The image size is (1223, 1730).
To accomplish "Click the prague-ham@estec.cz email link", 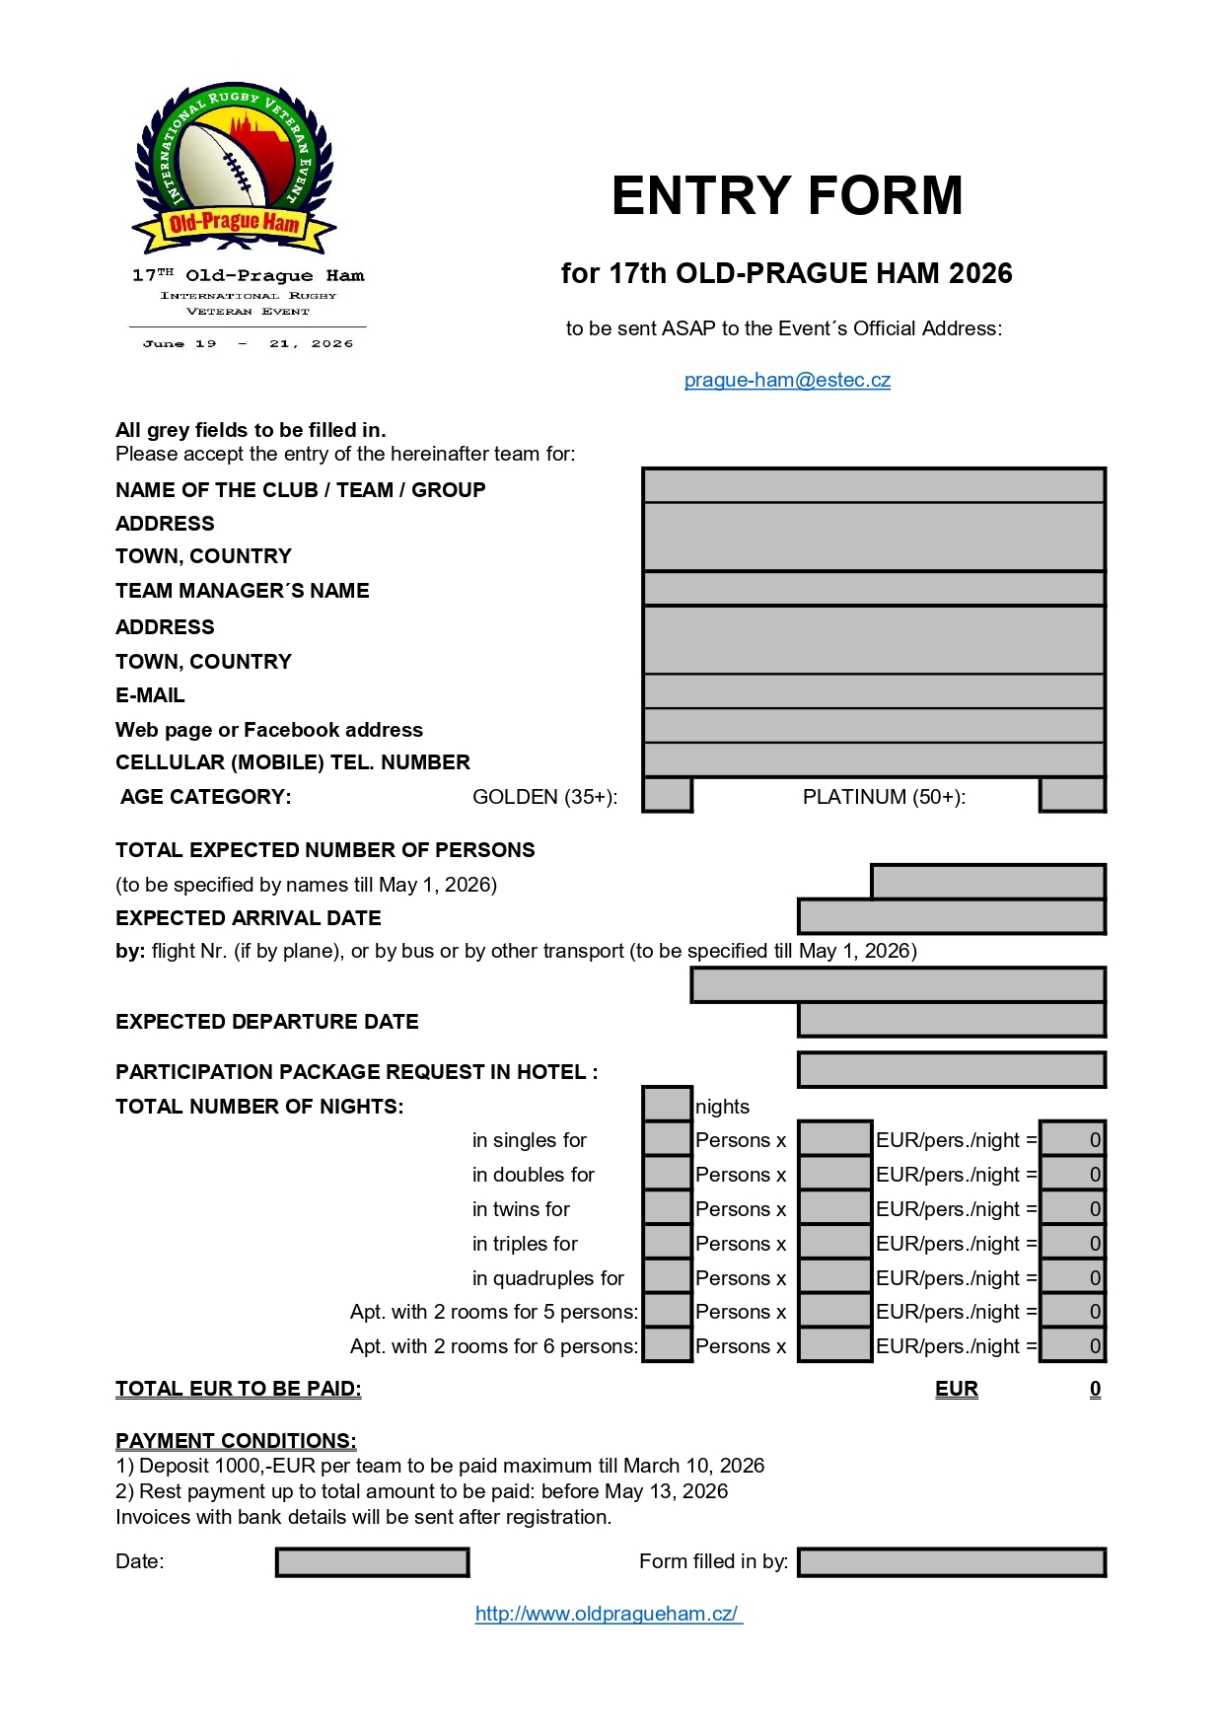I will point(787,380).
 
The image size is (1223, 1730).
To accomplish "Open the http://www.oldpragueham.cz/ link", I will point(608,1614).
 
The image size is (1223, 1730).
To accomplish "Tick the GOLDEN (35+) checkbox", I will point(667,795).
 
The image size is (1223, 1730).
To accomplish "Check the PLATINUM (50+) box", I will point(1072,795).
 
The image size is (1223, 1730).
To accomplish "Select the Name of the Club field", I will point(873,485).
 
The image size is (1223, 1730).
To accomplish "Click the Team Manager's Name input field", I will point(873,589).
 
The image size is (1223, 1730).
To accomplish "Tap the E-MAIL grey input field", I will point(873,691).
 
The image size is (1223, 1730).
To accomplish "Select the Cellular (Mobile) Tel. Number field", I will point(873,759).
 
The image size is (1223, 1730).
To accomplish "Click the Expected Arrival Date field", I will point(951,916).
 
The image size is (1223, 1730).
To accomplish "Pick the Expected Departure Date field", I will point(951,1020).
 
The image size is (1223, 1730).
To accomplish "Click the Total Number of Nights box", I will point(667,1104).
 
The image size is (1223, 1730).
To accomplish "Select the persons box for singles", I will point(667,1138).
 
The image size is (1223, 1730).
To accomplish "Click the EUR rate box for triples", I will point(834,1242).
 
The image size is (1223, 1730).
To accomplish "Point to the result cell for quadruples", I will point(1072,1276).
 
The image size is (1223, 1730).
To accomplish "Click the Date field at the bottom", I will point(372,1562).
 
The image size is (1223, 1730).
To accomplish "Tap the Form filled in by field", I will point(951,1562).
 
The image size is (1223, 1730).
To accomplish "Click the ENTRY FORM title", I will point(787,195).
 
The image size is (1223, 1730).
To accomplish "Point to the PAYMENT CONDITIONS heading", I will point(236,1441).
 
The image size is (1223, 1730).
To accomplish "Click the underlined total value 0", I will point(1095,1389).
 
